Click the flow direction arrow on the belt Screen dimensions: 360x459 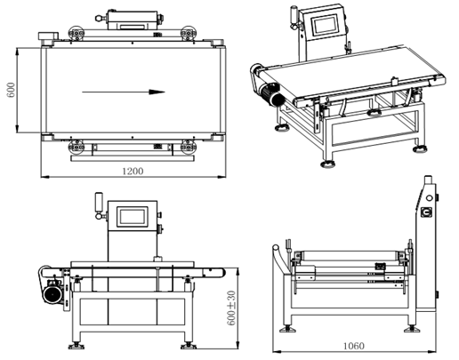[x=121, y=91]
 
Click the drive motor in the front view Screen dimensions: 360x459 [x=52, y=291]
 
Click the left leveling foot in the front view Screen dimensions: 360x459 [x=77, y=342]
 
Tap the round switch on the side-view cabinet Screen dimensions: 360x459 [x=427, y=212]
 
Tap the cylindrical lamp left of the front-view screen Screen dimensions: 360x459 [x=96, y=204]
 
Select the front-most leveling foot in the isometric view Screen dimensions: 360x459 [x=330, y=162]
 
